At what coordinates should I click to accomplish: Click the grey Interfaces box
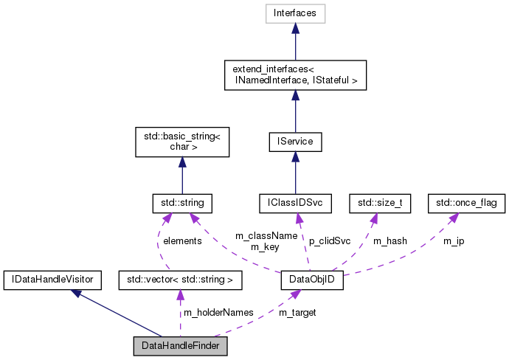[x=295, y=13]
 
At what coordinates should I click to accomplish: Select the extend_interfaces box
[x=295, y=75]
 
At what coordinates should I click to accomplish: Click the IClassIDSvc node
[x=295, y=201]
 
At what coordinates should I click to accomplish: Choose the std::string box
[x=181, y=201]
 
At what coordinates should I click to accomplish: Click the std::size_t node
[x=384, y=201]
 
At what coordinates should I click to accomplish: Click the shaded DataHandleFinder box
[x=180, y=345]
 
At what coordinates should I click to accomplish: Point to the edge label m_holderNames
[x=218, y=313]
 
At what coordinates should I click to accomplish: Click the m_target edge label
[x=297, y=313]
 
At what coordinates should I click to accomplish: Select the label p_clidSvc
[x=330, y=241]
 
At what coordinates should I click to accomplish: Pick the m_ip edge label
[x=454, y=241]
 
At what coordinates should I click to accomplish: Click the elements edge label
[x=181, y=240]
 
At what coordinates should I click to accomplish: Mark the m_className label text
[x=266, y=235]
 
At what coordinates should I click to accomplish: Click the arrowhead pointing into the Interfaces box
[x=295, y=28]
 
